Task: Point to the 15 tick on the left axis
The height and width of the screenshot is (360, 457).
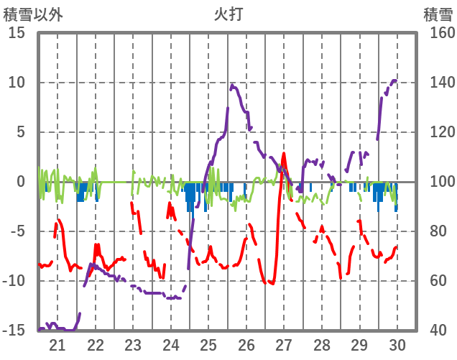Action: point(16,33)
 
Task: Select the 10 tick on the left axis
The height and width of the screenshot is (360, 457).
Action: point(16,83)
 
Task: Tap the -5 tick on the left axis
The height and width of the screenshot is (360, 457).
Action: point(16,231)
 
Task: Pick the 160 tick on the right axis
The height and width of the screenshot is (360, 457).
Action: point(438,33)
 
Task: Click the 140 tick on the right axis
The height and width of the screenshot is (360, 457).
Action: point(438,83)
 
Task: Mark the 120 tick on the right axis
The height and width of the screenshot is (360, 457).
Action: point(438,132)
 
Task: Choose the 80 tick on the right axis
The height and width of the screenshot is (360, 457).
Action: point(434,231)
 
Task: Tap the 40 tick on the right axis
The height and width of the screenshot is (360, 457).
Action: point(434,331)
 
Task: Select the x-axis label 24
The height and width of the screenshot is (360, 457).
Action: point(170,344)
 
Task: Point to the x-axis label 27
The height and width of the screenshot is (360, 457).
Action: point(284,344)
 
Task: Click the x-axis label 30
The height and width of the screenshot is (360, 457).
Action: point(397,344)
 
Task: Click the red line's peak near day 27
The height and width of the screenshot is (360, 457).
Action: point(284,153)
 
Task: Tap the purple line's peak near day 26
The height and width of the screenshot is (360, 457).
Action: point(232,86)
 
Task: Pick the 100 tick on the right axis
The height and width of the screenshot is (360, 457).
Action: point(438,182)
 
